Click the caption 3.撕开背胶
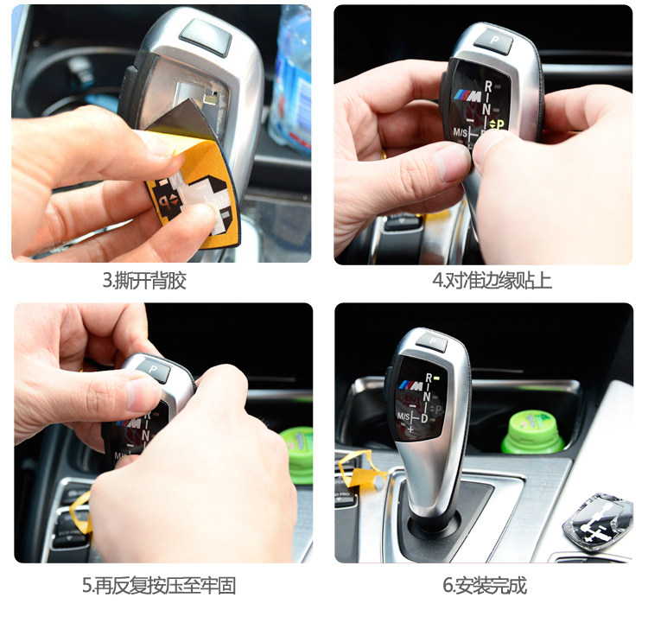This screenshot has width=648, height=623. point(144,281)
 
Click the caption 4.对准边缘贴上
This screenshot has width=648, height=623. point(492,281)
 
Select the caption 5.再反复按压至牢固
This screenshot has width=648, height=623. point(159,586)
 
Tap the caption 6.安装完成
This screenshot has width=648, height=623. point(485,586)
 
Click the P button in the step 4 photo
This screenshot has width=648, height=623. point(493,41)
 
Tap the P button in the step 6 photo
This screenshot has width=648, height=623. point(432,342)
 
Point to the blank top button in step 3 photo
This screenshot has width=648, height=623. point(206,36)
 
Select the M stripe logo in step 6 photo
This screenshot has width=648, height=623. point(410,385)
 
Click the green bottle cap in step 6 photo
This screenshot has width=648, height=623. point(532,432)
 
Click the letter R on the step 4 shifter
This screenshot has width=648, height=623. point(488,86)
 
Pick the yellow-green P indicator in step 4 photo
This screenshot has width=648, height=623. point(498,124)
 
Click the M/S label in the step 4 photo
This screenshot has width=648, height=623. point(460,133)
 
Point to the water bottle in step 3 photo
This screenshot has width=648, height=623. point(290,79)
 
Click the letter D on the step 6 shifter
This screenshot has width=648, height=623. point(424,418)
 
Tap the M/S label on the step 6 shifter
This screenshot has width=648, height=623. point(403,416)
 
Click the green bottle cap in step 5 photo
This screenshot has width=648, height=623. point(297,455)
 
